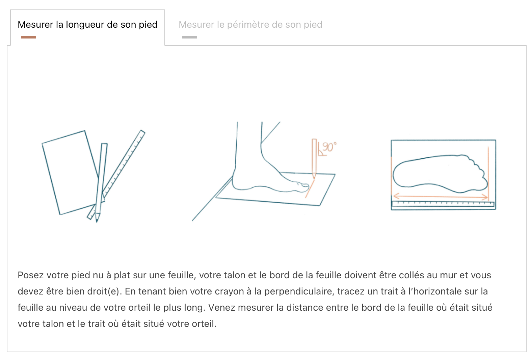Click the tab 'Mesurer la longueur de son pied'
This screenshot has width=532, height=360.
coord(87,24)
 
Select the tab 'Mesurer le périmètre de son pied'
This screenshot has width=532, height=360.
coord(250,24)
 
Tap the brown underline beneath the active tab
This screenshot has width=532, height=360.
coord(28,37)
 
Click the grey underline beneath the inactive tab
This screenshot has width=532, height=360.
coord(189,37)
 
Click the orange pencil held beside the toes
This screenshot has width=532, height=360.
coord(314,158)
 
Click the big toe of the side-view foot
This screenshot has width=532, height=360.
coord(303,187)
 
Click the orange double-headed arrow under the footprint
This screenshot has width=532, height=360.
coord(441,197)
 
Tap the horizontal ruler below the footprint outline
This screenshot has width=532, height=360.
coord(443,204)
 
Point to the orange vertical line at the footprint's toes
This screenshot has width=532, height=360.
coord(488,174)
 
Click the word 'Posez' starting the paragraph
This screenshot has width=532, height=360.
coord(31,275)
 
